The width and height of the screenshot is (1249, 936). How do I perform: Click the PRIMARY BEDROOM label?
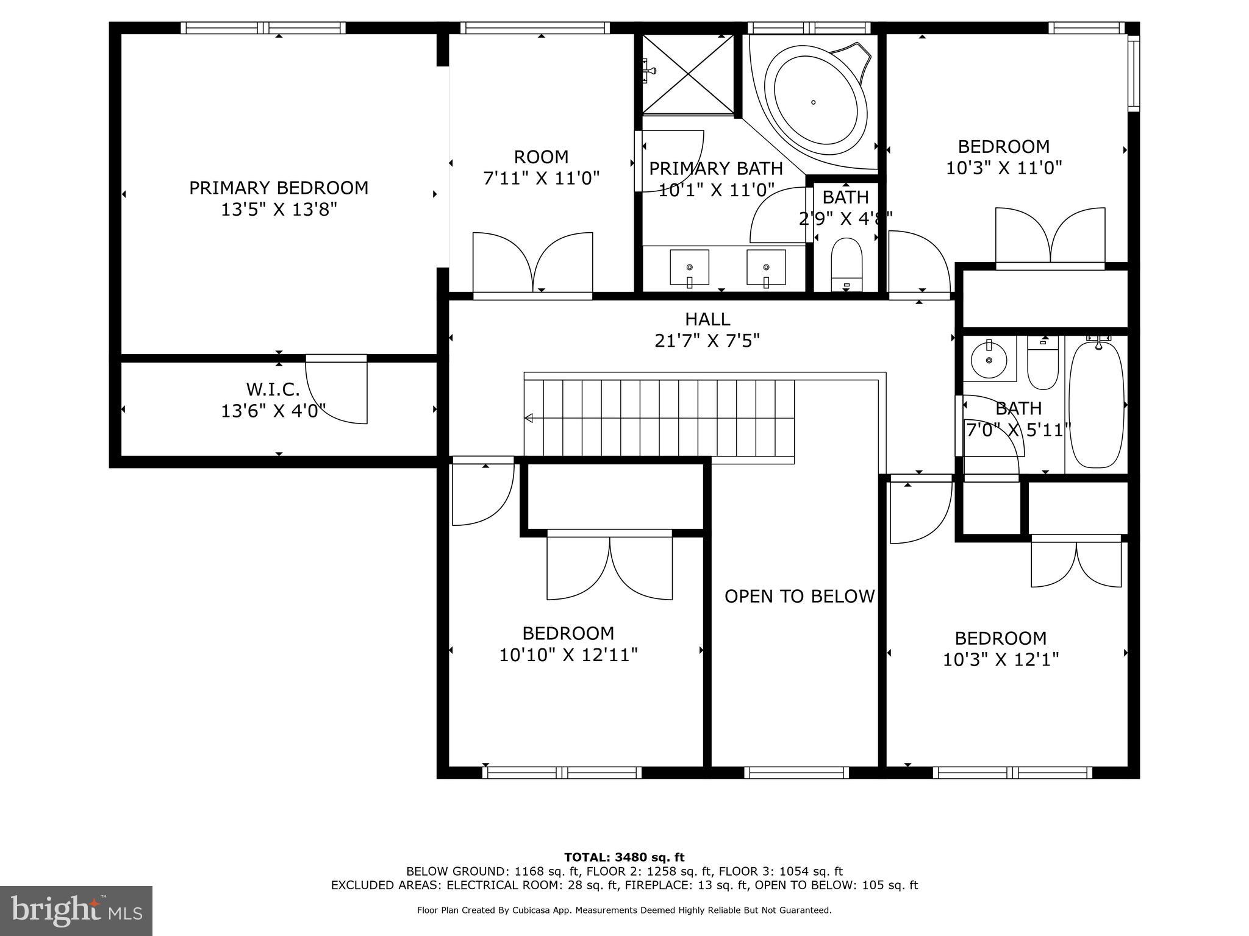click(x=279, y=188)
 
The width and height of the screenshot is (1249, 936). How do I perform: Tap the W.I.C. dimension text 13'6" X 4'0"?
click(x=273, y=411)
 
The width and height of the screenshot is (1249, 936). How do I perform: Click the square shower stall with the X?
click(x=688, y=74)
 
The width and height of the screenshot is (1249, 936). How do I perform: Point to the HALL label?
click(x=707, y=319)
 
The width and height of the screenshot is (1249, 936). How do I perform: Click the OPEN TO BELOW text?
click(x=800, y=596)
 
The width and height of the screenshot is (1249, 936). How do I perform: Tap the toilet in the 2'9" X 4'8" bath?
click(x=846, y=264)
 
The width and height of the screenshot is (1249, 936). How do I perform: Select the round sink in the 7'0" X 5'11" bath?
click(x=989, y=361)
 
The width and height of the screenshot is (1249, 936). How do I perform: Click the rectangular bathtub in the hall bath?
click(x=1096, y=405)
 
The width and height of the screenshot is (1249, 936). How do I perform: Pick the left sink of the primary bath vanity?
click(x=690, y=267)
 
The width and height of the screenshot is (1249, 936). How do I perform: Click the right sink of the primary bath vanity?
click(x=766, y=267)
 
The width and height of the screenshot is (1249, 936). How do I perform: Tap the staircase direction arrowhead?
click(x=529, y=418)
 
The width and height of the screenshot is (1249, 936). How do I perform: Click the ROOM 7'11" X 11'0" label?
click(x=541, y=167)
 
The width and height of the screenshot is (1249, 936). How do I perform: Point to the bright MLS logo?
click(x=76, y=910)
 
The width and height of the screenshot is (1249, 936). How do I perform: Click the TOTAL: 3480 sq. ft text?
click(x=624, y=857)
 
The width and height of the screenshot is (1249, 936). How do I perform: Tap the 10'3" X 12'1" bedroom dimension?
click(x=1001, y=659)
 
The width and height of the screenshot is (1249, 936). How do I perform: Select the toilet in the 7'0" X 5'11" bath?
click(x=1043, y=364)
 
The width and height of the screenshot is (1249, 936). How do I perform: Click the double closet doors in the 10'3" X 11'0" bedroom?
click(x=1050, y=238)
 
